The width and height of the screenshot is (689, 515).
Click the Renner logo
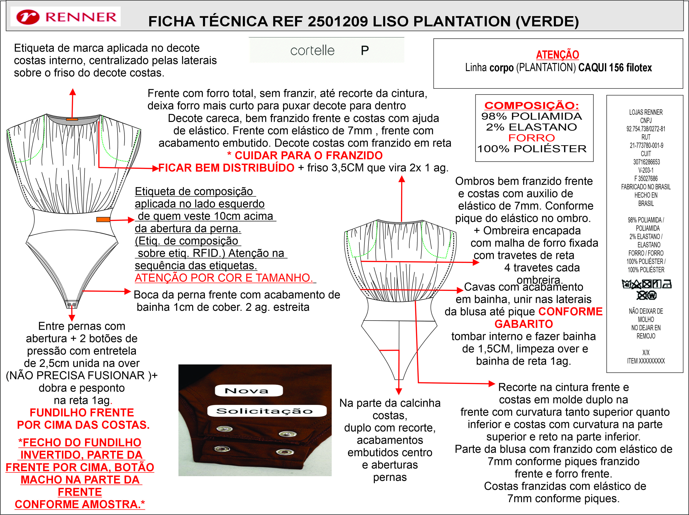(x=66, y=17)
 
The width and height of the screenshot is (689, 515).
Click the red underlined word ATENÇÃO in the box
(x=557, y=55)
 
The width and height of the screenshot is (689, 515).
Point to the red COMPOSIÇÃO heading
(x=532, y=105)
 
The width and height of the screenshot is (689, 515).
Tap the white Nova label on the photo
(x=248, y=391)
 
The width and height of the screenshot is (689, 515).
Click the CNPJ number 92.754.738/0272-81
(x=646, y=129)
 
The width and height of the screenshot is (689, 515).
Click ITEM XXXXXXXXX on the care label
(x=646, y=361)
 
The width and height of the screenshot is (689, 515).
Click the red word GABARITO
(x=524, y=324)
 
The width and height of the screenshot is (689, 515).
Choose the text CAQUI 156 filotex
(x=615, y=68)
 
